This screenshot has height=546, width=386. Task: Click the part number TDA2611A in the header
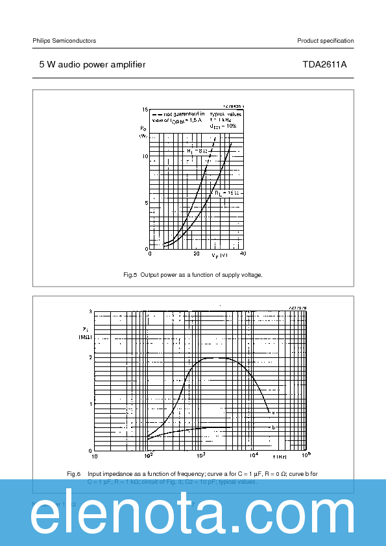[x=324, y=65]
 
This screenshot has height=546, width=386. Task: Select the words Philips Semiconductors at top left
[x=64, y=41]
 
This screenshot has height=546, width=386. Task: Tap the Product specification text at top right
[x=325, y=41]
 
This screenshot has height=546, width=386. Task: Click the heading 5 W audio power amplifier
[x=92, y=65]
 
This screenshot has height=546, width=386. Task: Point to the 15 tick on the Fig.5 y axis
[x=145, y=110]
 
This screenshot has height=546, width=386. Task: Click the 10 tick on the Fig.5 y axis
[x=145, y=156]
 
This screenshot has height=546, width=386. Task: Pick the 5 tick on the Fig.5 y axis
[x=146, y=203]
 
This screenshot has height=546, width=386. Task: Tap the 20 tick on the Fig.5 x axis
[x=196, y=254]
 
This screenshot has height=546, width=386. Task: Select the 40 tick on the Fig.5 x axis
[x=242, y=254]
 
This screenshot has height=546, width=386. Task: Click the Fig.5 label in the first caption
[x=130, y=275]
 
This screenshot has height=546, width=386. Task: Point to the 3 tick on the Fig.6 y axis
[x=91, y=312]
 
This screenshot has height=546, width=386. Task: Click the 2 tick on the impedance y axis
[x=91, y=358]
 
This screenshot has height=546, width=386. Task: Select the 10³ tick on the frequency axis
[x=200, y=455]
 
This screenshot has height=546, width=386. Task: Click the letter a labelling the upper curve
[x=273, y=412]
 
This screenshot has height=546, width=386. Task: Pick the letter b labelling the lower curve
[x=273, y=427]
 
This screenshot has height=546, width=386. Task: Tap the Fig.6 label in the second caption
[x=73, y=474]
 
